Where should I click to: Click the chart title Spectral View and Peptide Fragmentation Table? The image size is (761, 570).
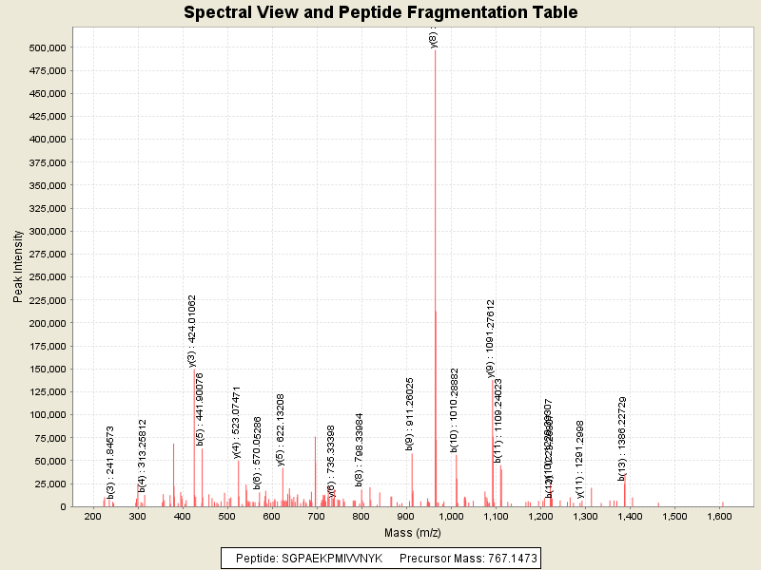pos(380,12)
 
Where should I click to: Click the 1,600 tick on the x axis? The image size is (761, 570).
pos(719,517)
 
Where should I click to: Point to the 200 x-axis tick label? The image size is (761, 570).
pos(93,517)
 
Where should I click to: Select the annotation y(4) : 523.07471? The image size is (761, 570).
pos(237,423)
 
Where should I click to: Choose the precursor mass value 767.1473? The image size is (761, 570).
pos(510,559)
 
